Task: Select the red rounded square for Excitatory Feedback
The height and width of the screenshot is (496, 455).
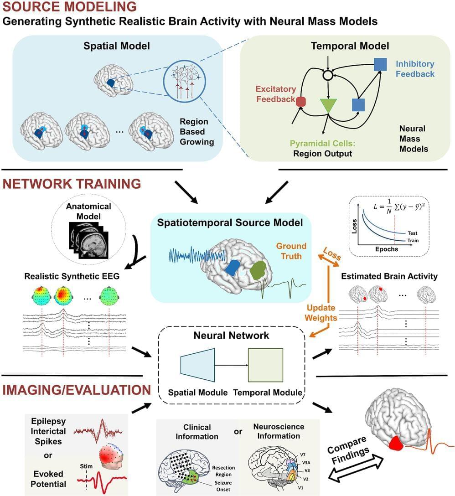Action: pyautogui.click(x=301, y=101)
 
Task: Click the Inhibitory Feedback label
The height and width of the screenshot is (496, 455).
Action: pyautogui.click(x=415, y=69)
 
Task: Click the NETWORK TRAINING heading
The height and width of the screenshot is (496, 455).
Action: pyautogui.click(x=72, y=184)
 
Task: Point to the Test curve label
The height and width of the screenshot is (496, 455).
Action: pyautogui.click(x=412, y=233)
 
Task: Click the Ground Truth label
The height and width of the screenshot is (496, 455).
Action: pyautogui.click(x=291, y=251)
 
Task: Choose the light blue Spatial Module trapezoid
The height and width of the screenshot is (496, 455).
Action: pyautogui.click(x=198, y=365)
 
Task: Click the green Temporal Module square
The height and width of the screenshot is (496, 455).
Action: pyautogui.click(x=265, y=365)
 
